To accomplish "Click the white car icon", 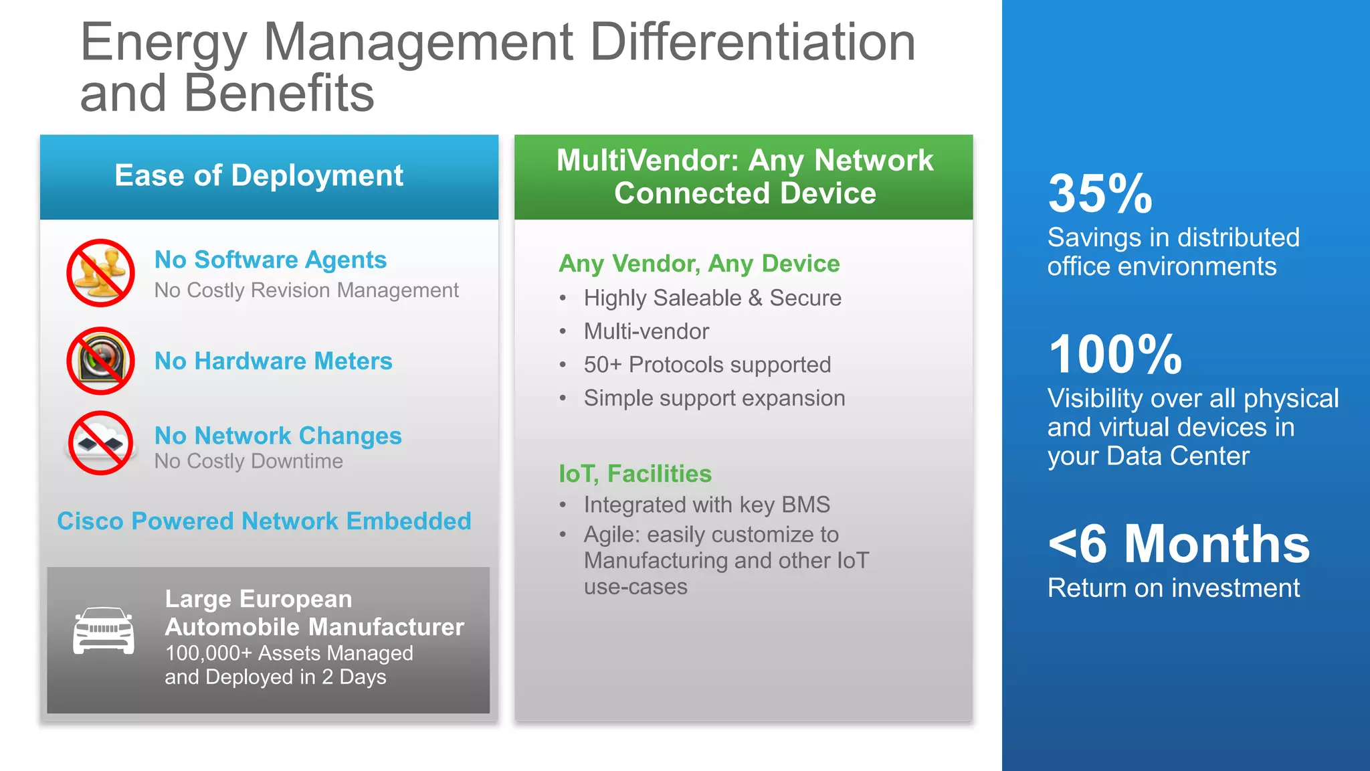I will [x=103, y=630].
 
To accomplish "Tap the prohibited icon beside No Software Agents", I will [x=100, y=273].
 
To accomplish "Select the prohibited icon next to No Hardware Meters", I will [x=100, y=361].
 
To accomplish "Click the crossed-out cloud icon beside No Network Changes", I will [x=100, y=442].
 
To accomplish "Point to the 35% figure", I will [x=1100, y=194].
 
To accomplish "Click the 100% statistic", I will [x=1114, y=355].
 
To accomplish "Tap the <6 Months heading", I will [x=1178, y=544].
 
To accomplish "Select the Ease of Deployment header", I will [x=259, y=176].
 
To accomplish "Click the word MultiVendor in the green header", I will [x=646, y=161].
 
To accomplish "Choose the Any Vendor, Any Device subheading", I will [x=699, y=264].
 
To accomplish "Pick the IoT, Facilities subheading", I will [x=635, y=474].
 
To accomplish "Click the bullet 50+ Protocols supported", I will [x=707, y=365].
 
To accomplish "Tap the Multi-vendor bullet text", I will [x=646, y=331].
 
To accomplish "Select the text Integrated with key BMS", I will [x=706, y=505].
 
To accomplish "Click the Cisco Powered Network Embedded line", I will [x=264, y=521].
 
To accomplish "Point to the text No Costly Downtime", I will [x=248, y=461].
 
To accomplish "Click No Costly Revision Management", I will [x=306, y=290].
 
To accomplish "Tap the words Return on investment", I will [x=1173, y=588].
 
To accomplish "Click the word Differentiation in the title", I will [x=752, y=43].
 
